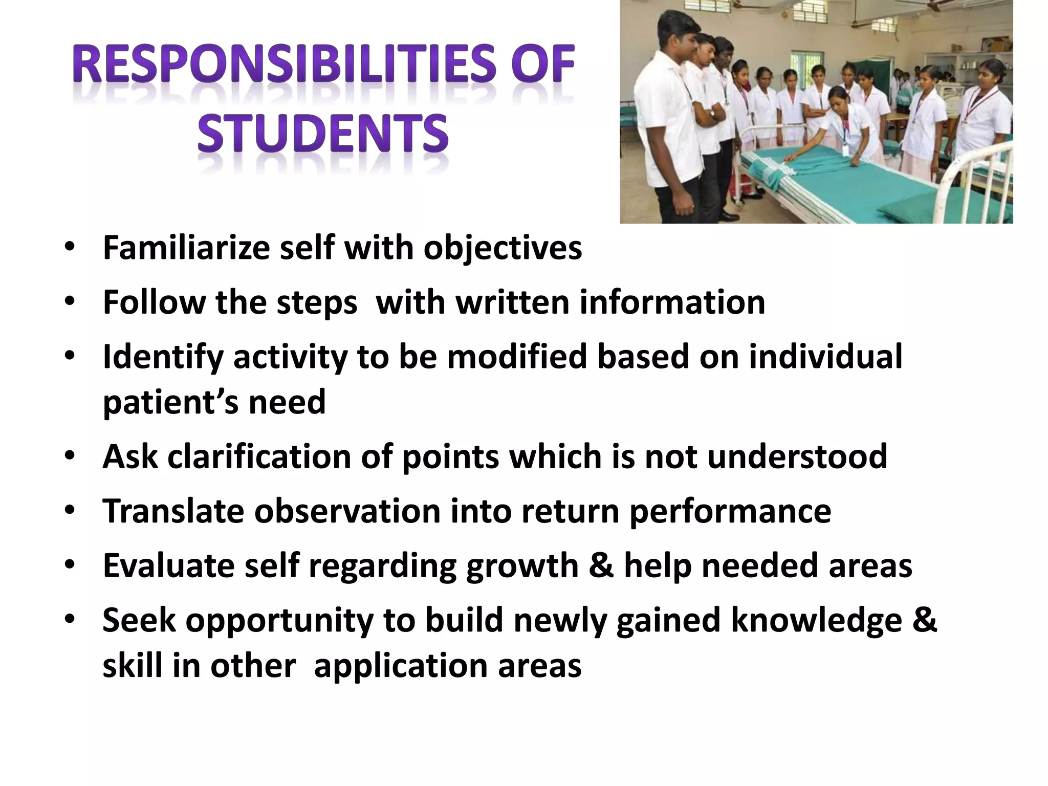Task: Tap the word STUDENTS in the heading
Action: point(323,134)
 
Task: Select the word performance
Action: point(730,512)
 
